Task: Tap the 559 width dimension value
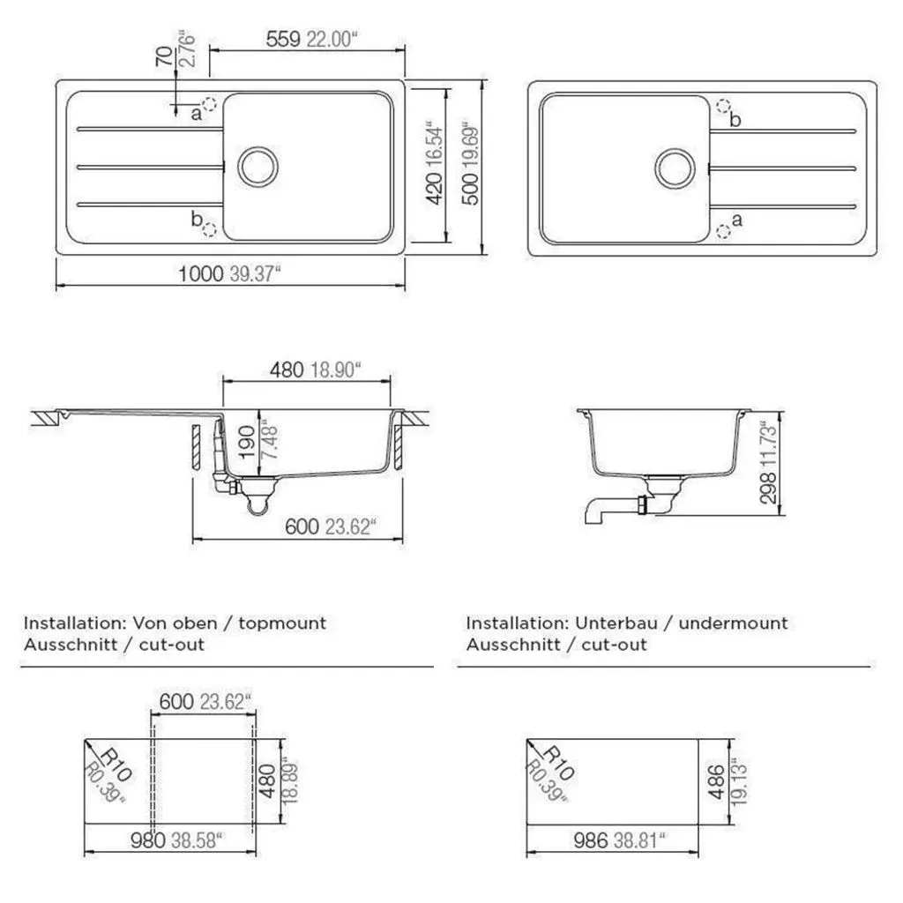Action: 283,39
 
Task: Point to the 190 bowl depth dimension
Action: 247,443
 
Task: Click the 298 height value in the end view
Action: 768,489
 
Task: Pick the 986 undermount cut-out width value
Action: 591,840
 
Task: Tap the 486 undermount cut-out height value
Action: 716,782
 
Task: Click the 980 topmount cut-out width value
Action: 148,840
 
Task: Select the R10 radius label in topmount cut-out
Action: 116,765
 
